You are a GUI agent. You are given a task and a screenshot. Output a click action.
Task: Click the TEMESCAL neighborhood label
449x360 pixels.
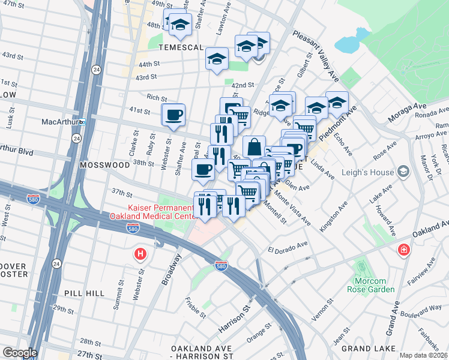point(181,47)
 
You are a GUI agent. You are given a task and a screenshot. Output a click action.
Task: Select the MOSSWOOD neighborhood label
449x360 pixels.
point(103,163)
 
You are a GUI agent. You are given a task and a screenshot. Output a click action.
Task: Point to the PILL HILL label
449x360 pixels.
point(84,293)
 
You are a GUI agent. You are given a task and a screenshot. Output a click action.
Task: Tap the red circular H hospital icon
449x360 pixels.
point(140,254)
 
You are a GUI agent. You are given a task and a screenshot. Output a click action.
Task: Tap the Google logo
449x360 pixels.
point(20,353)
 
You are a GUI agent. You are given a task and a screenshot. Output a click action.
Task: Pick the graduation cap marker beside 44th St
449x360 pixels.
point(217,59)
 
